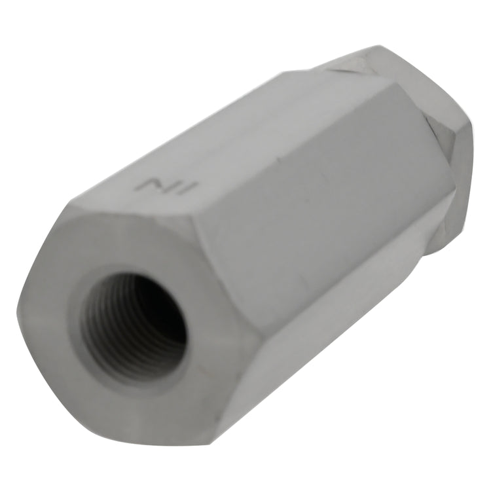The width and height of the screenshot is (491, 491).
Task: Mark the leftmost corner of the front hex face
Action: [16, 310]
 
